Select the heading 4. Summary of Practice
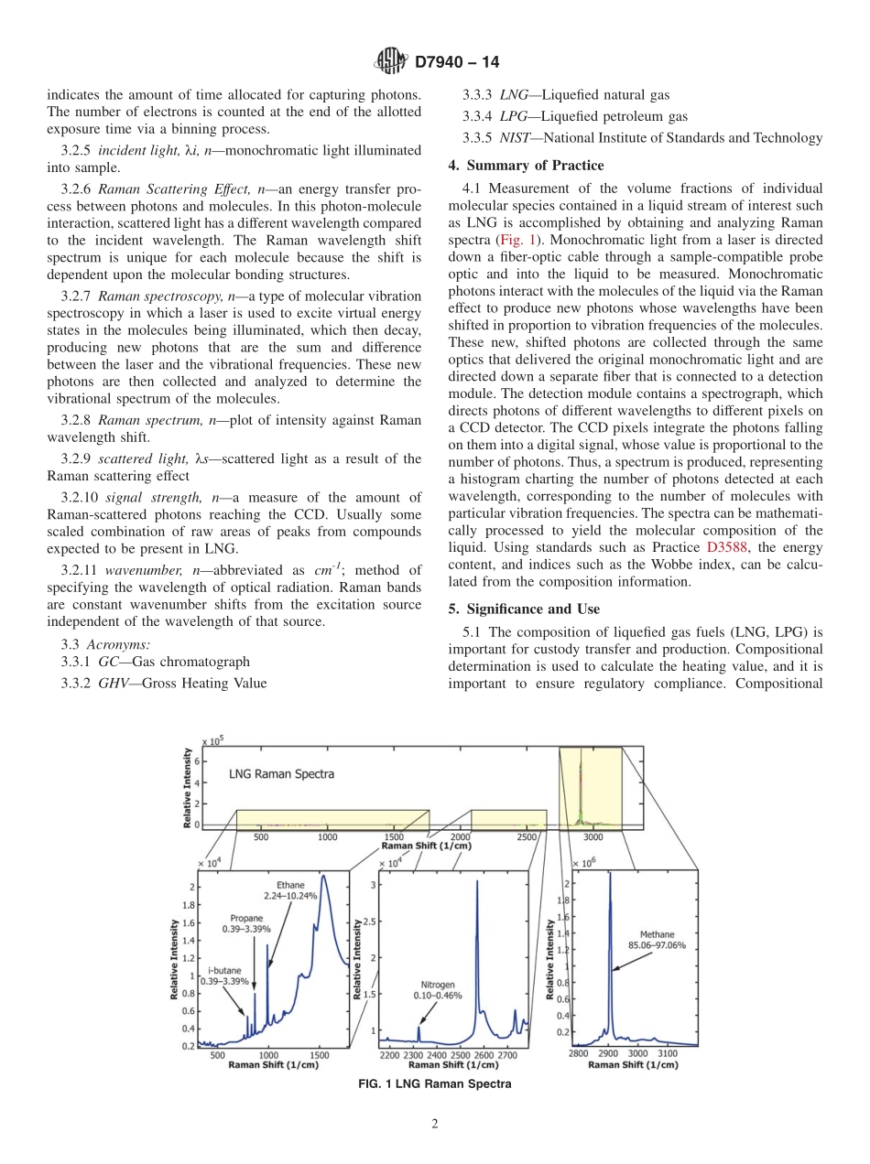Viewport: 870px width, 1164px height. coord(526,166)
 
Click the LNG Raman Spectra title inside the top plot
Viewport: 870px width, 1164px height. coord(281,773)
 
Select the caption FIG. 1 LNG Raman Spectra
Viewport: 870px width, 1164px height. coord(435,1084)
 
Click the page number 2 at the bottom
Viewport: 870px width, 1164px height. coord(435,1126)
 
